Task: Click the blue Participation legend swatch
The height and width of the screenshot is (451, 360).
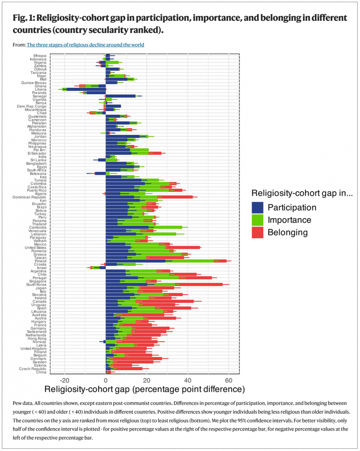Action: coord(258,207)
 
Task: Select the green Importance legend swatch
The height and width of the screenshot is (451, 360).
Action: coord(258,219)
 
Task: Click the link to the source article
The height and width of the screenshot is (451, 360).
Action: coord(85,45)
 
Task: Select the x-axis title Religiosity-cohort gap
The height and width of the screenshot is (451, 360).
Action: coord(144,388)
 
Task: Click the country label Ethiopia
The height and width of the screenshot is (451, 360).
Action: coord(40,56)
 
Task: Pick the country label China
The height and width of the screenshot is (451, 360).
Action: coord(41,372)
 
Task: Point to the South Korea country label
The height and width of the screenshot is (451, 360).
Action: coord(36,284)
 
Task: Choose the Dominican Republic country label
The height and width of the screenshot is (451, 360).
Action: coord(30,197)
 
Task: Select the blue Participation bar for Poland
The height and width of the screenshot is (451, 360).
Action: coord(135,260)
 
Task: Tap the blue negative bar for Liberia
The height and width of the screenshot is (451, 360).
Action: coord(87,89)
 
